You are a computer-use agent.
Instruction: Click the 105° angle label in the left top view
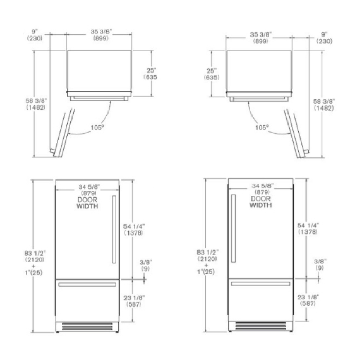click(97, 127)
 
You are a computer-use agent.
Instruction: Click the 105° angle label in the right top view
click(262, 127)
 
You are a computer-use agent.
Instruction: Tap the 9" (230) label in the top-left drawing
click(34, 35)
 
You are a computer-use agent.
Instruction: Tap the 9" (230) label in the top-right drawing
click(324, 38)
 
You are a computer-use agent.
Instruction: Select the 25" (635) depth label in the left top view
click(151, 74)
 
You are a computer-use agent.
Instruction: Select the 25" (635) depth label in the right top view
click(211, 74)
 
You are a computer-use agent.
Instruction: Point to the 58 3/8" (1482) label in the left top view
click(36, 104)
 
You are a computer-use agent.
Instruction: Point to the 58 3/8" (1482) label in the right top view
click(323, 105)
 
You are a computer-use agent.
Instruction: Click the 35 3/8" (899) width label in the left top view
click(101, 35)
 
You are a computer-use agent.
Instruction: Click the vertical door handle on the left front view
click(114, 229)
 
